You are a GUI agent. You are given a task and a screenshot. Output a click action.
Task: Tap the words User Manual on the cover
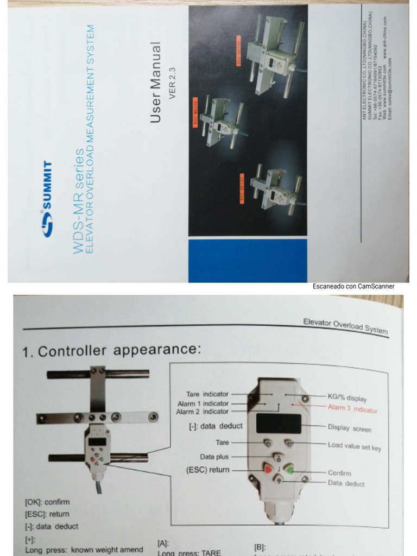156,83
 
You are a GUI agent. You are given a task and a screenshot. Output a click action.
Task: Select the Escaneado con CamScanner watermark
353,286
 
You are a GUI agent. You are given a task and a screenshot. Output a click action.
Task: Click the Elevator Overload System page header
345,327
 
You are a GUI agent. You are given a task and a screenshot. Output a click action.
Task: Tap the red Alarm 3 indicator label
352,409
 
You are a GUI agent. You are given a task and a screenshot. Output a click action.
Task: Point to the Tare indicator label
207,394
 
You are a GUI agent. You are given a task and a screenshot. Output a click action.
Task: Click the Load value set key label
354,446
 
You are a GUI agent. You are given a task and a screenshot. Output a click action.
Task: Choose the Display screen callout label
350,428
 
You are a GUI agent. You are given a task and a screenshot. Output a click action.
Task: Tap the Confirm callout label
339,473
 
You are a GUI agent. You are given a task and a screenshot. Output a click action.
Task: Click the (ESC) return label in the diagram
207,470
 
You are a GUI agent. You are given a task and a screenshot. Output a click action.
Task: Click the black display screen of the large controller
279,424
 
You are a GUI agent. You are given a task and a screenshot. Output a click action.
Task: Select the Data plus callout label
214,457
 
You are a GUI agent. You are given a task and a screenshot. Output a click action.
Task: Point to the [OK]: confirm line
47,502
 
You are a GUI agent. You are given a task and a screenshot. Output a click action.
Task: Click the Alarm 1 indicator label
203,403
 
